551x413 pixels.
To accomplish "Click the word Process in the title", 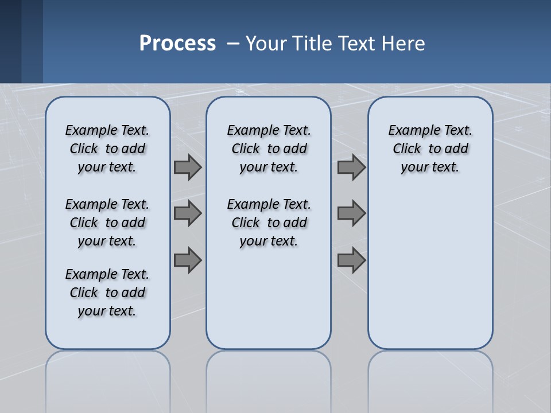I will pos(177,44).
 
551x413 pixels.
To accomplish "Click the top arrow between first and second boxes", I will pos(188,167).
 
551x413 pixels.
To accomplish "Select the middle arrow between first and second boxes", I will pos(188,213).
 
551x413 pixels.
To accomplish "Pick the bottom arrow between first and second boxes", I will pos(188,260).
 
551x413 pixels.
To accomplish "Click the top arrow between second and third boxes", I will pos(351,167).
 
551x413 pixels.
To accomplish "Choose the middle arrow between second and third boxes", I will pos(351,213).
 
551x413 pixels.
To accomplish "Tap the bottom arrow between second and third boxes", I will pos(351,260).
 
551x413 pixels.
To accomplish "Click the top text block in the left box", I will pos(107,149).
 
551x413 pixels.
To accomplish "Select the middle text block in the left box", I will pos(107,223).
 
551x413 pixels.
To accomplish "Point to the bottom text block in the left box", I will pos(107,293).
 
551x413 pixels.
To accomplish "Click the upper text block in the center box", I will pos(269,149).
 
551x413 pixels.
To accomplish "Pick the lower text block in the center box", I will pos(269,223).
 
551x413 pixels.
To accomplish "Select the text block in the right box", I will pos(430,149).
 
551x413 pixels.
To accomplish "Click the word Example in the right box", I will pos(410,131).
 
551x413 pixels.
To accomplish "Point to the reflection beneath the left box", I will pos(108,379).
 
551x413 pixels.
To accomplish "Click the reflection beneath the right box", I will pos(430,379).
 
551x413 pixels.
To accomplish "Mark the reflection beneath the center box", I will pos(269,379).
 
